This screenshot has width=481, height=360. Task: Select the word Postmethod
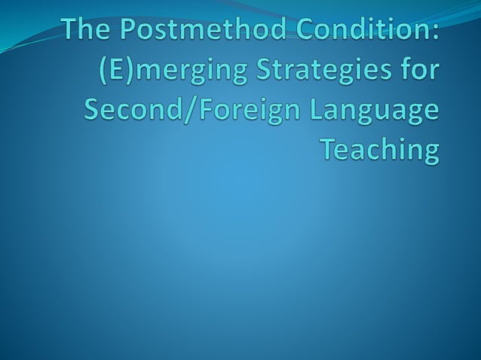(191, 32)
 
